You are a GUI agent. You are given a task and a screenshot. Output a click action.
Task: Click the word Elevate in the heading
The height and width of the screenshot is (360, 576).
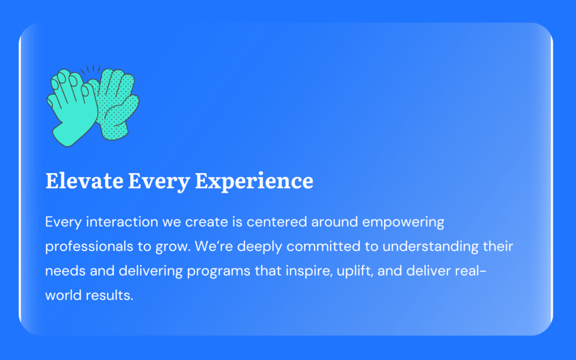point(84,181)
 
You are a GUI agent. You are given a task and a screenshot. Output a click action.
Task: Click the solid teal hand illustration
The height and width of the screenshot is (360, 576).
point(73,109)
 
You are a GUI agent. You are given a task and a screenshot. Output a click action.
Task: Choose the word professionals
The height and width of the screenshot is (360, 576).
point(89,247)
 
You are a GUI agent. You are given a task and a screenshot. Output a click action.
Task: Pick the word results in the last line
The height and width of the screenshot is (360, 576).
point(109,295)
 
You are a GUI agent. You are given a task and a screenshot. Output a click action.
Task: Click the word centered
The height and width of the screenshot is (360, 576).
point(277,222)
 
